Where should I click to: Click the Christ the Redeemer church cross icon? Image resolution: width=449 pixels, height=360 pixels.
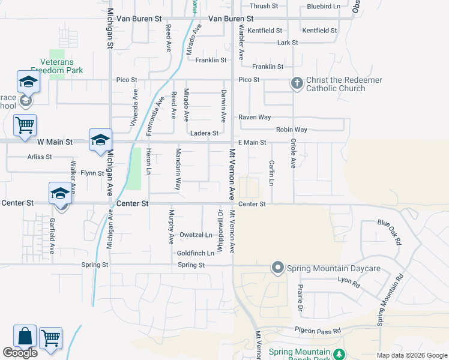[x=297, y=83]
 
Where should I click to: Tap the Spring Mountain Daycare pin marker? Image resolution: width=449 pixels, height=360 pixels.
[x=277, y=268]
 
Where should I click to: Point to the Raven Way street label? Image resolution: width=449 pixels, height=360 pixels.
[x=255, y=118]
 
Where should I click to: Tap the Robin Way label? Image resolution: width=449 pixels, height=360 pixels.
[x=291, y=130]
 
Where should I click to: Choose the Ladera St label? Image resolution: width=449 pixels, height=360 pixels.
[x=203, y=133]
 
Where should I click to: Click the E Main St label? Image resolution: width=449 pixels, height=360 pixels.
[x=252, y=142]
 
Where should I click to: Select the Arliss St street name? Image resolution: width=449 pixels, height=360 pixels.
[x=40, y=157]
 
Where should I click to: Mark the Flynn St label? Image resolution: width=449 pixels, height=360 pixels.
[x=92, y=173]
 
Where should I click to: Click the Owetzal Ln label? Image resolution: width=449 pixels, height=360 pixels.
[x=196, y=235]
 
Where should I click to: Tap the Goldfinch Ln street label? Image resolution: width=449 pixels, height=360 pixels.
[x=195, y=253]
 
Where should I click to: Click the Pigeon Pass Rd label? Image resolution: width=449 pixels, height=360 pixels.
[x=318, y=330]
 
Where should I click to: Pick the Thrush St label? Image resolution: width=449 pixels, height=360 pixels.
[x=264, y=6]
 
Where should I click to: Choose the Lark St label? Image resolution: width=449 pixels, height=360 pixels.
[x=288, y=43]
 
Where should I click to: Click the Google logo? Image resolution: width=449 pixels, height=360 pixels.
[x=20, y=353]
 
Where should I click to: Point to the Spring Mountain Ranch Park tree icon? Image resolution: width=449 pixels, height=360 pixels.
[x=340, y=353]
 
